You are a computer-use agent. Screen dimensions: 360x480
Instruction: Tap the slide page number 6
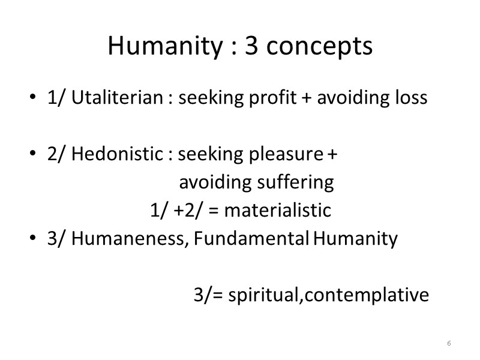449,343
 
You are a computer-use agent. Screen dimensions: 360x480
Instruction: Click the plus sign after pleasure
332,155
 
